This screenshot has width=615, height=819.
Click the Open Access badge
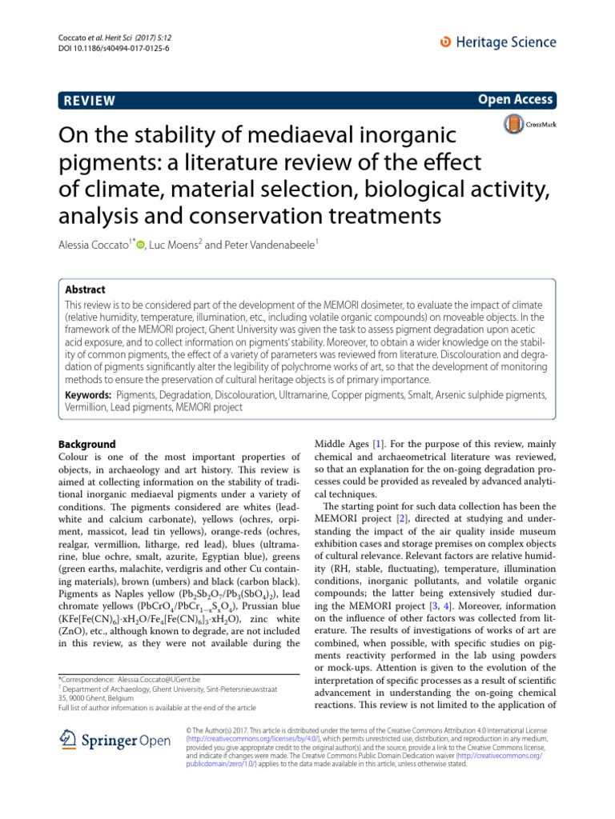(515, 99)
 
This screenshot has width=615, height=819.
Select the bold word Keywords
(88, 394)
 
